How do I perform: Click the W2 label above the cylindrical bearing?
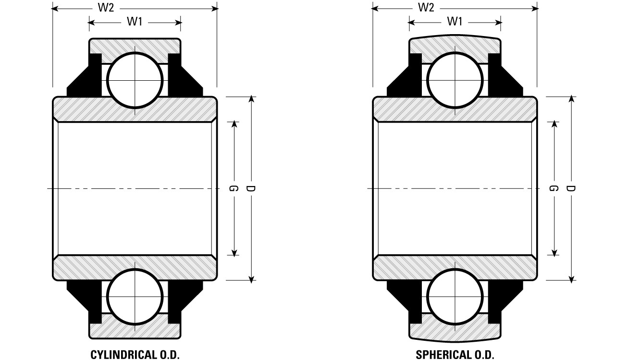[x=106, y=8]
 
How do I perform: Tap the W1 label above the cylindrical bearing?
[x=135, y=21]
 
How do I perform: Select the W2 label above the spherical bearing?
[x=426, y=8]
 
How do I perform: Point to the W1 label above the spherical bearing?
[x=455, y=21]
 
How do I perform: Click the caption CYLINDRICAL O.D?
[x=135, y=354]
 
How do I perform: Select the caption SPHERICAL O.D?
[x=455, y=354]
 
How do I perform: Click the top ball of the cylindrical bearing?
[x=135, y=80]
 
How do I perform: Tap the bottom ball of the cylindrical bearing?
[x=135, y=297]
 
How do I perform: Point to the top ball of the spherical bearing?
[x=455, y=80]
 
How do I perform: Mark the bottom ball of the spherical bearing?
[x=455, y=297]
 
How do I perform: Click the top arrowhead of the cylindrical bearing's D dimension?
[x=251, y=99]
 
